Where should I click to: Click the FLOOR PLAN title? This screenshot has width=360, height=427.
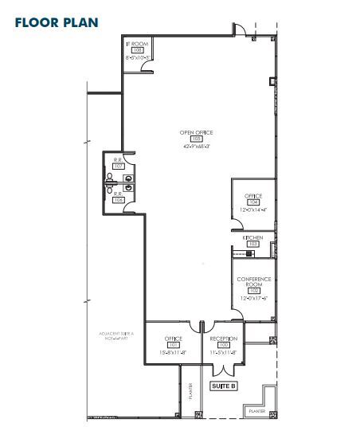pyautogui.click(x=56, y=21)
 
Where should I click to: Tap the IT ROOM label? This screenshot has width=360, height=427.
pyautogui.click(x=136, y=44)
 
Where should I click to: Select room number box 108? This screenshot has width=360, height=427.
pyautogui.click(x=136, y=50)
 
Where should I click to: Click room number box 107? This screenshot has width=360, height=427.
pyautogui.click(x=119, y=166)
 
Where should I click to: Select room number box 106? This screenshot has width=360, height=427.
pyautogui.click(x=119, y=199)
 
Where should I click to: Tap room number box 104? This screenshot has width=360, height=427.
pyautogui.click(x=253, y=202)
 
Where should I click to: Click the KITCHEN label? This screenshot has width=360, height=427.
pyautogui.click(x=253, y=237)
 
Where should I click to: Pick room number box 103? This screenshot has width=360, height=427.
pyautogui.click(x=253, y=244)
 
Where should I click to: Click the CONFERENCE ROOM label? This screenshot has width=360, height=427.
pyautogui.click(x=253, y=281)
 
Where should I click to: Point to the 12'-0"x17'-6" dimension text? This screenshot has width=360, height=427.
pyautogui.click(x=253, y=300)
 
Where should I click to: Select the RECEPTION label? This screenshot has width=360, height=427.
pyautogui.click(x=224, y=338)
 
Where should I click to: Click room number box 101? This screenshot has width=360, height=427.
pyautogui.click(x=173, y=344)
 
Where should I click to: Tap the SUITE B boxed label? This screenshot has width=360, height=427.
pyautogui.click(x=224, y=386)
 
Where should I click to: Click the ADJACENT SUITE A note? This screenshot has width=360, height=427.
pyautogui.click(x=116, y=335)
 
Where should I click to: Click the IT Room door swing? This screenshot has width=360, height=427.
pyautogui.click(x=146, y=68)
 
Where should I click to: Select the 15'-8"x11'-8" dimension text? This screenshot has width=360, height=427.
pyautogui.click(x=173, y=351)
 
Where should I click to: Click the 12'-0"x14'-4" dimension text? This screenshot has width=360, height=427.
pyautogui.click(x=253, y=210)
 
